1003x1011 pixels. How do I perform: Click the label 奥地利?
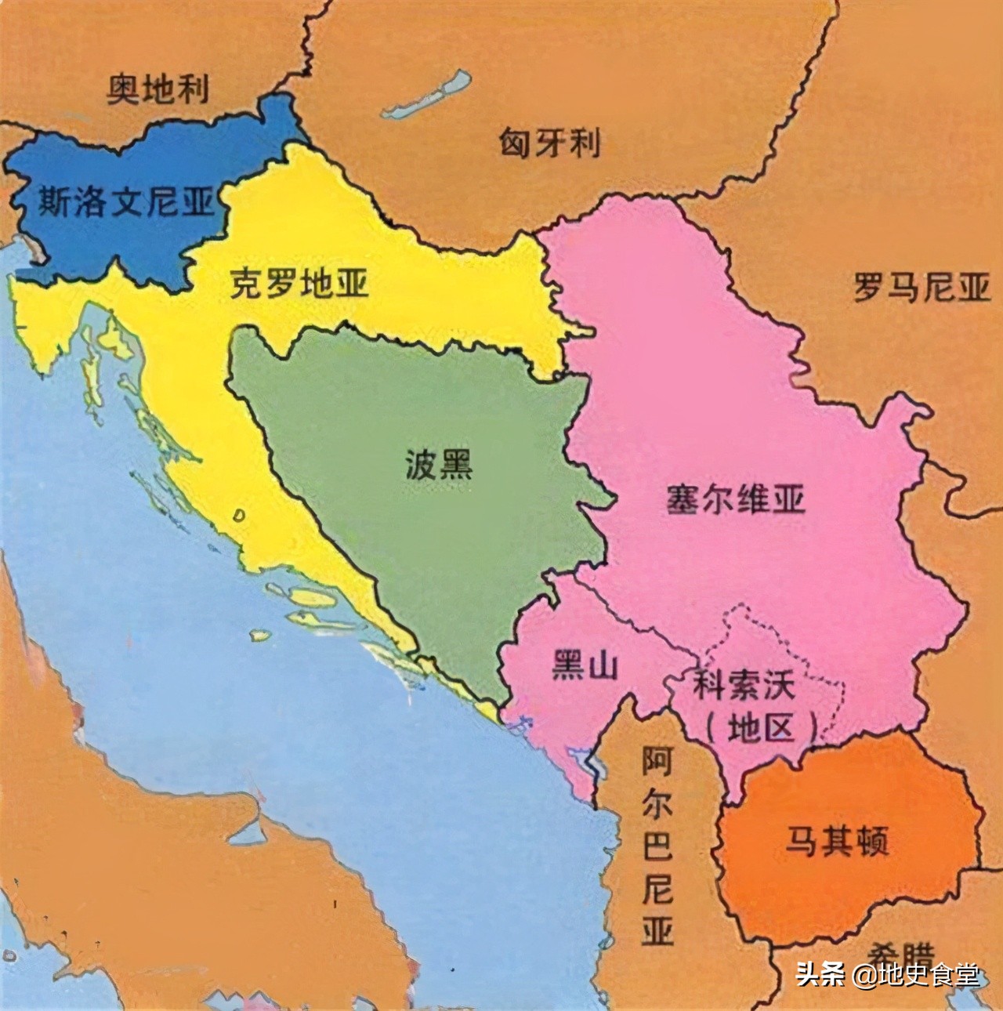(x=158, y=89)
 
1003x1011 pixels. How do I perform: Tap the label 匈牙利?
(x=550, y=143)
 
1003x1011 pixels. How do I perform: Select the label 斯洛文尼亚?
(x=125, y=202)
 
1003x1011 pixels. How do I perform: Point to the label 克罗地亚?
(x=299, y=284)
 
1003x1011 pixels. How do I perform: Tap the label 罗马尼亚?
(x=922, y=288)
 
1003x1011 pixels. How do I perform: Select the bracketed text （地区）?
(x=760, y=729)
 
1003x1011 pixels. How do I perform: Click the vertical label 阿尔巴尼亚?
(x=657, y=846)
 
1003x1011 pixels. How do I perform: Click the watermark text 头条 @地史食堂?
(x=887, y=976)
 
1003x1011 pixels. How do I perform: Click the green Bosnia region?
(x=439, y=533)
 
